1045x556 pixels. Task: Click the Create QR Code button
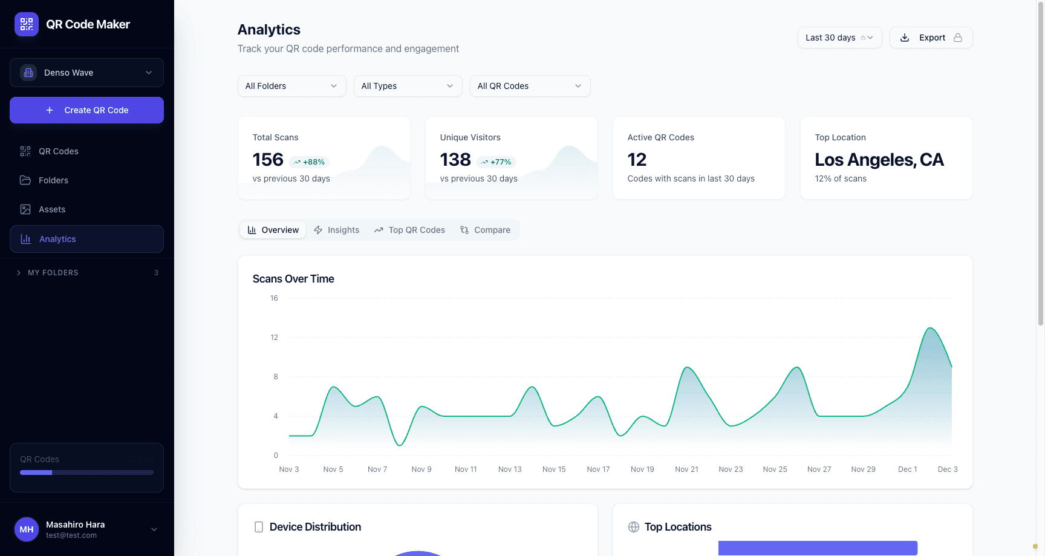[86, 110]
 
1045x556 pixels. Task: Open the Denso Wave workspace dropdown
[86, 73]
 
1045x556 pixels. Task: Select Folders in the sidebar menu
[53, 180]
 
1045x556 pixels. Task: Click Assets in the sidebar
[52, 209]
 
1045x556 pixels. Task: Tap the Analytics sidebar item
[57, 239]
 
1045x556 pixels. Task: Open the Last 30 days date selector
[839, 38]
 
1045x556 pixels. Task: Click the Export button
[931, 38]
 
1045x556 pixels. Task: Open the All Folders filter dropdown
[291, 86]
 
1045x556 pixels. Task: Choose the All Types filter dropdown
[408, 86]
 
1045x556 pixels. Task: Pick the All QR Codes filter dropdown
[530, 86]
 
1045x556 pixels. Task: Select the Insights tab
[337, 230]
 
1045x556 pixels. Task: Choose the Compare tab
[485, 230]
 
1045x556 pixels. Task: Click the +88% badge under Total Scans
[310, 162]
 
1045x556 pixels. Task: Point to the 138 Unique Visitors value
[455, 160]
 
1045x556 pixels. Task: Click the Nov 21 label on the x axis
[686, 469]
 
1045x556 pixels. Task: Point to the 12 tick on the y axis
[274, 338]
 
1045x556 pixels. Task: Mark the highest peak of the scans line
[930, 328]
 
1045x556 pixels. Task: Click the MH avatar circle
[27, 529]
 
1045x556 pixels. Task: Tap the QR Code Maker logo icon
[27, 24]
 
